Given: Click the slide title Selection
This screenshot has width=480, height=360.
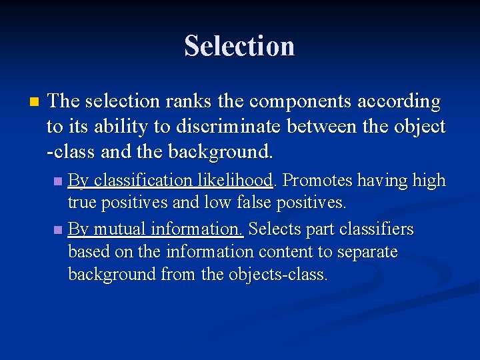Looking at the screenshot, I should (239, 46).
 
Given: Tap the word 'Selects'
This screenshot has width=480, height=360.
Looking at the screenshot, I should (273, 229).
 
